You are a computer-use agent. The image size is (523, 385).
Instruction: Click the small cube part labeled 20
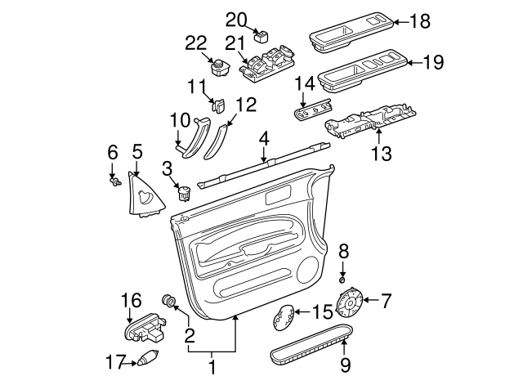pyautogui.click(x=261, y=36)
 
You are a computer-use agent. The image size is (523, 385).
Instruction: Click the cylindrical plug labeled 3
pyautogui.click(x=184, y=194)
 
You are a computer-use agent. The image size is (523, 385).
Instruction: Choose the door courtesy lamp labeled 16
pyautogui.click(x=142, y=329)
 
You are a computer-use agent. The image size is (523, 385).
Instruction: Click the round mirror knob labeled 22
pyautogui.click(x=221, y=67)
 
